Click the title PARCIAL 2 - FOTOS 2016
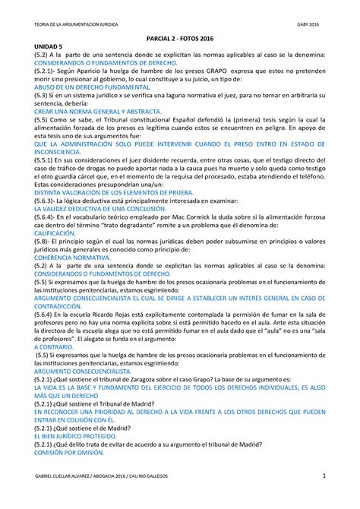coord(179,47)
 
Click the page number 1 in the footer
coord(324,475)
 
